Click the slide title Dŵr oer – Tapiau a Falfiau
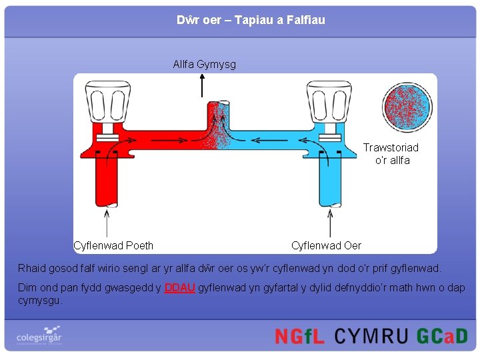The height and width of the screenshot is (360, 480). coord(251,20)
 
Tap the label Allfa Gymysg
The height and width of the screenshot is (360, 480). coord(204,65)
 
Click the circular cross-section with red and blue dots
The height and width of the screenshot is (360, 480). coord(407,107)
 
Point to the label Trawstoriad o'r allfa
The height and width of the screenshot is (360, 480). coord(391,154)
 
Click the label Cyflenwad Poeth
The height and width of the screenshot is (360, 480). coord(113,245)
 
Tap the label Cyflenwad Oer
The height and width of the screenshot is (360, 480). coord(326,245)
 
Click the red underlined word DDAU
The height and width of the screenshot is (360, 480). coord(179,288)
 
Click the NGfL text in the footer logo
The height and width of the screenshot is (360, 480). coord(299,336)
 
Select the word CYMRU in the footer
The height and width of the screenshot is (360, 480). coord(371,336)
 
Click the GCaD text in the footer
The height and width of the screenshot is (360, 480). coord(442,336)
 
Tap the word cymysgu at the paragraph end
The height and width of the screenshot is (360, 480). coord(40,301)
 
